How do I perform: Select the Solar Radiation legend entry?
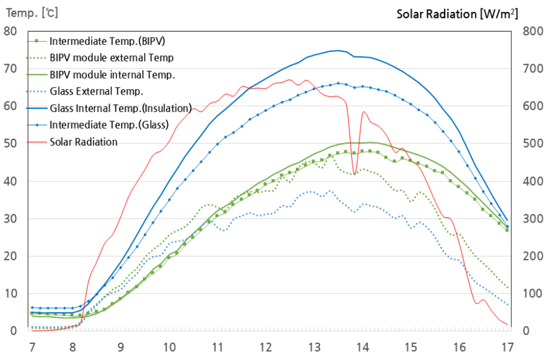83,142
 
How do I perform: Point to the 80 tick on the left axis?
10,31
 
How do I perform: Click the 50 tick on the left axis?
10,143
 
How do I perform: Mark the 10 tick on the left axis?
10,293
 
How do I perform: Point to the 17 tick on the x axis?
507,346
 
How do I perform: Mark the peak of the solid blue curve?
338,51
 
